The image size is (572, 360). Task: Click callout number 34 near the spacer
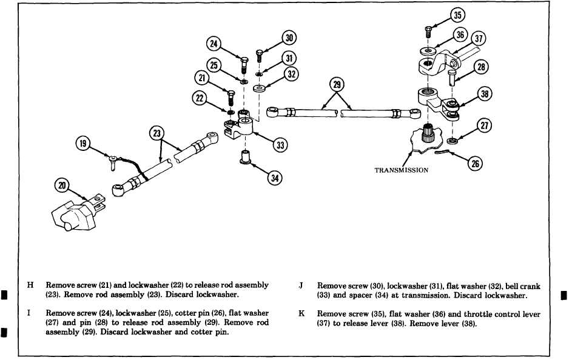tap(275, 178)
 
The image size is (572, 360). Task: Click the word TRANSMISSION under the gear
tap(402, 170)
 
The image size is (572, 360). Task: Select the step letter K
tap(301, 314)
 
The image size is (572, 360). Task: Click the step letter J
tap(301, 285)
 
